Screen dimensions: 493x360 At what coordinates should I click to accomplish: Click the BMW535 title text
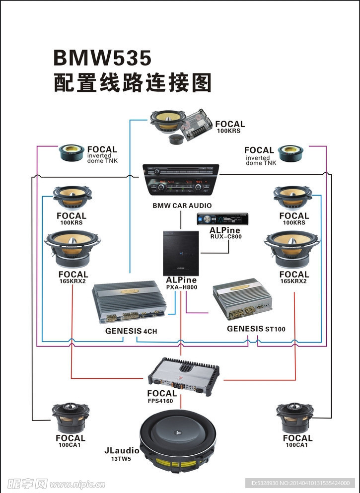(102, 59)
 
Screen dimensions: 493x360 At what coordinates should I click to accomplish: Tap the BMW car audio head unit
(181, 181)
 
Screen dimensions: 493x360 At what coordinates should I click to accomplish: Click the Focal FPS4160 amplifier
(184, 373)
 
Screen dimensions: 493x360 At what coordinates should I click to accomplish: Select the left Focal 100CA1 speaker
(71, 418)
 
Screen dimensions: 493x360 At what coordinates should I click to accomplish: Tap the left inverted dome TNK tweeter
(72, 153)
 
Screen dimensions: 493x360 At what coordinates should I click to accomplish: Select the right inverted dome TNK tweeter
(290, 153)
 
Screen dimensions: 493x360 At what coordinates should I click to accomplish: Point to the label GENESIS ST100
(256, 329)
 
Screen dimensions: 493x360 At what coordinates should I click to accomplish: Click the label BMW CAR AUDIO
(182, 205)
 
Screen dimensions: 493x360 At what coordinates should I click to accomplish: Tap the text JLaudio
(122, 451)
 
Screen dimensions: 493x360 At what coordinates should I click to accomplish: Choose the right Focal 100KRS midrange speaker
(293, 198)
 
